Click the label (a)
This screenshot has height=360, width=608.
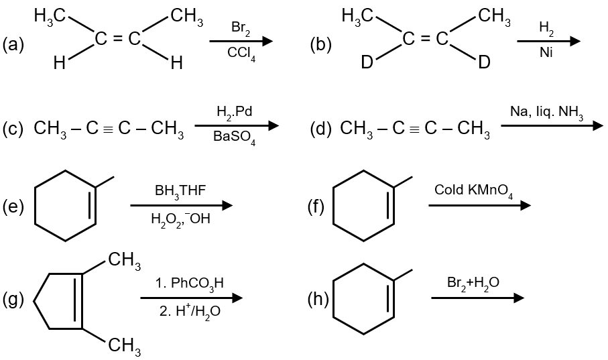(x=13, y=45)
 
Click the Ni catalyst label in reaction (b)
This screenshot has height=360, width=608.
(x=547, y=54)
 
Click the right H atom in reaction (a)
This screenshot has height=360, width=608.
(x=176, y=64)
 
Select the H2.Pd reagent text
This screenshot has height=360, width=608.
(x=234, y=112)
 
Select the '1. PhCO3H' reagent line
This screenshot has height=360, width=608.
(x=189, y=284)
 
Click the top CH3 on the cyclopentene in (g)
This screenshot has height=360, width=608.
(x=123, y=259)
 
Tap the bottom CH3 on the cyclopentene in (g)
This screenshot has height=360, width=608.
(x=123, y=345)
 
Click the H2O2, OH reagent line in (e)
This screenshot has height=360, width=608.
(x=180, y=220)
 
